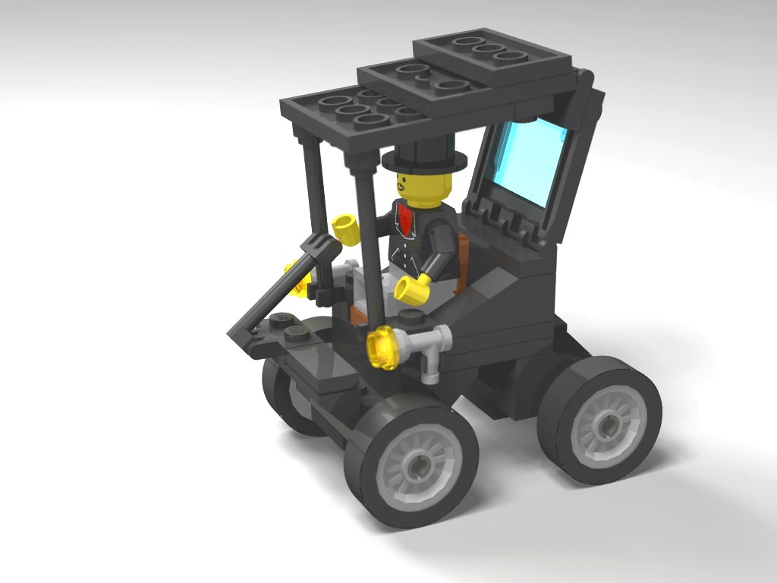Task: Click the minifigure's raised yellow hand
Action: (344, 228)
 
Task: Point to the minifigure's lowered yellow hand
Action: (411, 291)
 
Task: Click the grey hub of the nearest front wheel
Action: (416, 463)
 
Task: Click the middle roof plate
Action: (425, 84)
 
